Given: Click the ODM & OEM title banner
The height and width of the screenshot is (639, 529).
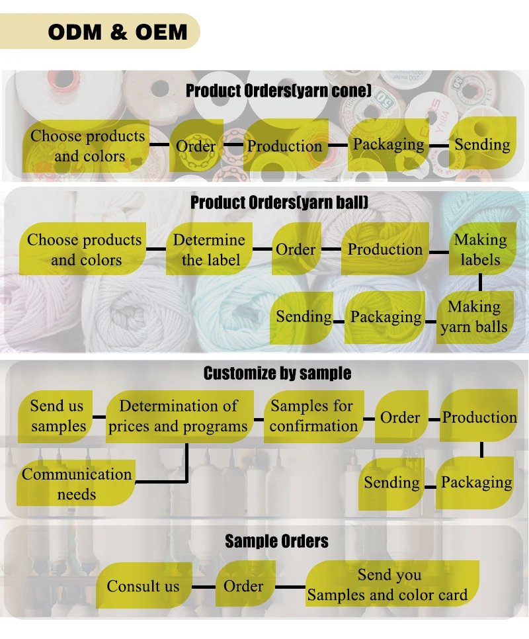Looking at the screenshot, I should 118,31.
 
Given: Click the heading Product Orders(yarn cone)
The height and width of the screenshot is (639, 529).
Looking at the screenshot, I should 278,91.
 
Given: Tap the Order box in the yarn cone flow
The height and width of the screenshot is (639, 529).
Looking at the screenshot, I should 196,146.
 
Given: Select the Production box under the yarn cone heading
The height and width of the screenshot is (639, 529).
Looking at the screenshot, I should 284,146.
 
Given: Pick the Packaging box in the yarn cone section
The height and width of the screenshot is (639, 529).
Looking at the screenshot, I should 388,144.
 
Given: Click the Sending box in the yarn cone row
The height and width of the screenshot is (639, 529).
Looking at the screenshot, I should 482,144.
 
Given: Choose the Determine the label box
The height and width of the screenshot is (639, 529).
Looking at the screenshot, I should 209,249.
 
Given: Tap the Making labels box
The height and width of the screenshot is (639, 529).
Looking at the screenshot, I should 480,249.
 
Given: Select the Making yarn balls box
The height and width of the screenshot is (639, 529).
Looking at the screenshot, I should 474,316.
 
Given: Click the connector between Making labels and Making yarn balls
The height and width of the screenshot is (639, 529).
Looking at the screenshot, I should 481,282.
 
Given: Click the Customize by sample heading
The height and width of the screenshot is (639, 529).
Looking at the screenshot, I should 277,373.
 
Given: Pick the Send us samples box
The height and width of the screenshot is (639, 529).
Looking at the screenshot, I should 58,416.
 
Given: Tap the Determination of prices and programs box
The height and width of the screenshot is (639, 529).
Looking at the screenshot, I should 178,416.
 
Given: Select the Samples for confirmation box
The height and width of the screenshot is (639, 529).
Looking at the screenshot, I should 313,416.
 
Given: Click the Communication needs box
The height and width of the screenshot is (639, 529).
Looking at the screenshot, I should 77,484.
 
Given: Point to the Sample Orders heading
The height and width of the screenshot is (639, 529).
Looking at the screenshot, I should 276,541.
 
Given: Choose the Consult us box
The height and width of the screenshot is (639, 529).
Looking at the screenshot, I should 143,585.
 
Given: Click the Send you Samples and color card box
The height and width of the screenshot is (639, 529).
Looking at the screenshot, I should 389,585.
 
